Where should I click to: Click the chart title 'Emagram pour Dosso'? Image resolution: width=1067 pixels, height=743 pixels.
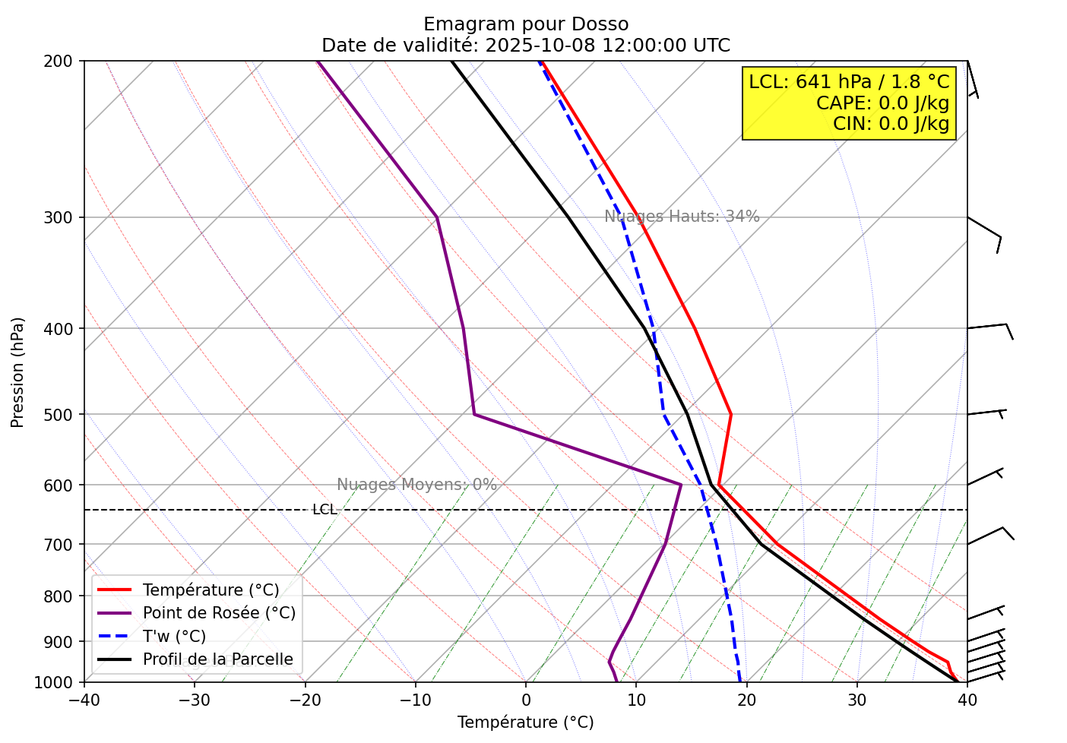[x=526, y=24]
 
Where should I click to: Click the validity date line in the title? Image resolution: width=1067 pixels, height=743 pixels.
[x=526, y=46]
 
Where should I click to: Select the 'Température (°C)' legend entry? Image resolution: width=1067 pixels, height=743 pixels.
[x=211, y=590]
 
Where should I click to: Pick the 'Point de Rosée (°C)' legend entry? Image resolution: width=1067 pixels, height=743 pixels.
[x=219, y=613]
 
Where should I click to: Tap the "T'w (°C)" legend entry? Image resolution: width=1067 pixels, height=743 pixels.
[x=174, y=637]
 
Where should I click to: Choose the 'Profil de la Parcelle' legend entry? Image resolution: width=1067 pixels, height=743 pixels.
[x=217, y=659]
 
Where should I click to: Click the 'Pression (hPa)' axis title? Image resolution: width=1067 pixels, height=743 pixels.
[x=18, y=372]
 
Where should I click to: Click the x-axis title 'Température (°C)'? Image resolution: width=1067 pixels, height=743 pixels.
[x=526, y=722]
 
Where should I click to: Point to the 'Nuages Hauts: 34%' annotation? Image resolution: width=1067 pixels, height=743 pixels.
[x=682, y=217]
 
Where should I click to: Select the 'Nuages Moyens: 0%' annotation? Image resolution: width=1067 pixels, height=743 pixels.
[x=416, y=485]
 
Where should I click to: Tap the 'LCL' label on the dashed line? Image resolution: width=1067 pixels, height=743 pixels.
[x=325, y=510]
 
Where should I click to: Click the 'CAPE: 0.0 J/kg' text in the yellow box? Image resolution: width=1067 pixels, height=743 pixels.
[x=882, y=103]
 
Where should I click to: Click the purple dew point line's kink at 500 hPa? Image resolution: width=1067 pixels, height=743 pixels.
[x=474, y=414]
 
